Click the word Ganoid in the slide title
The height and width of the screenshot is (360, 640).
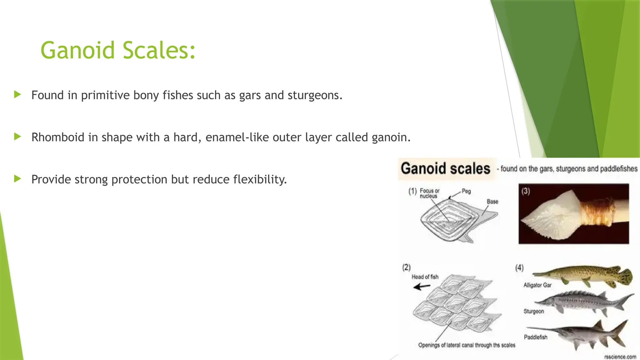[x=78, y=51]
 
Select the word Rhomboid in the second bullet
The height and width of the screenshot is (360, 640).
[x=58, y=137]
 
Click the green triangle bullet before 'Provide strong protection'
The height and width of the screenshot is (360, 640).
[x=17, y=179]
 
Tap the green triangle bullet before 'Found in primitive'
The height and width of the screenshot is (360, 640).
[x=17, y=95]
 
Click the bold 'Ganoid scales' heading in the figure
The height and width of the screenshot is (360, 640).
[x=445, y=169]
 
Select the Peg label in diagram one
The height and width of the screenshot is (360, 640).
[x=466, y=191]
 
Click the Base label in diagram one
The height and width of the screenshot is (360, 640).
[x=492, y=202]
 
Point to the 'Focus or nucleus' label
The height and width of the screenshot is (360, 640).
[x=429, y=193]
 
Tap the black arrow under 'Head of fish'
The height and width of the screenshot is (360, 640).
[x=422, y=286]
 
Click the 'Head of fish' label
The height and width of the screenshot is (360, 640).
[x=425, y=277]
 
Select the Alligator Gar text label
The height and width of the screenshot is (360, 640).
[x=537, y=285]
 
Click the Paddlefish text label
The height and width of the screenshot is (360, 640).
[x=535, y=337]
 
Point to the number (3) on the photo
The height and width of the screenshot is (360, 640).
[x=526, y=191]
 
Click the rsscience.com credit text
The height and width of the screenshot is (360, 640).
[x=620, y=357]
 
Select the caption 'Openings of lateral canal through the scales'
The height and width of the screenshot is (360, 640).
[x=467, y=345]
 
